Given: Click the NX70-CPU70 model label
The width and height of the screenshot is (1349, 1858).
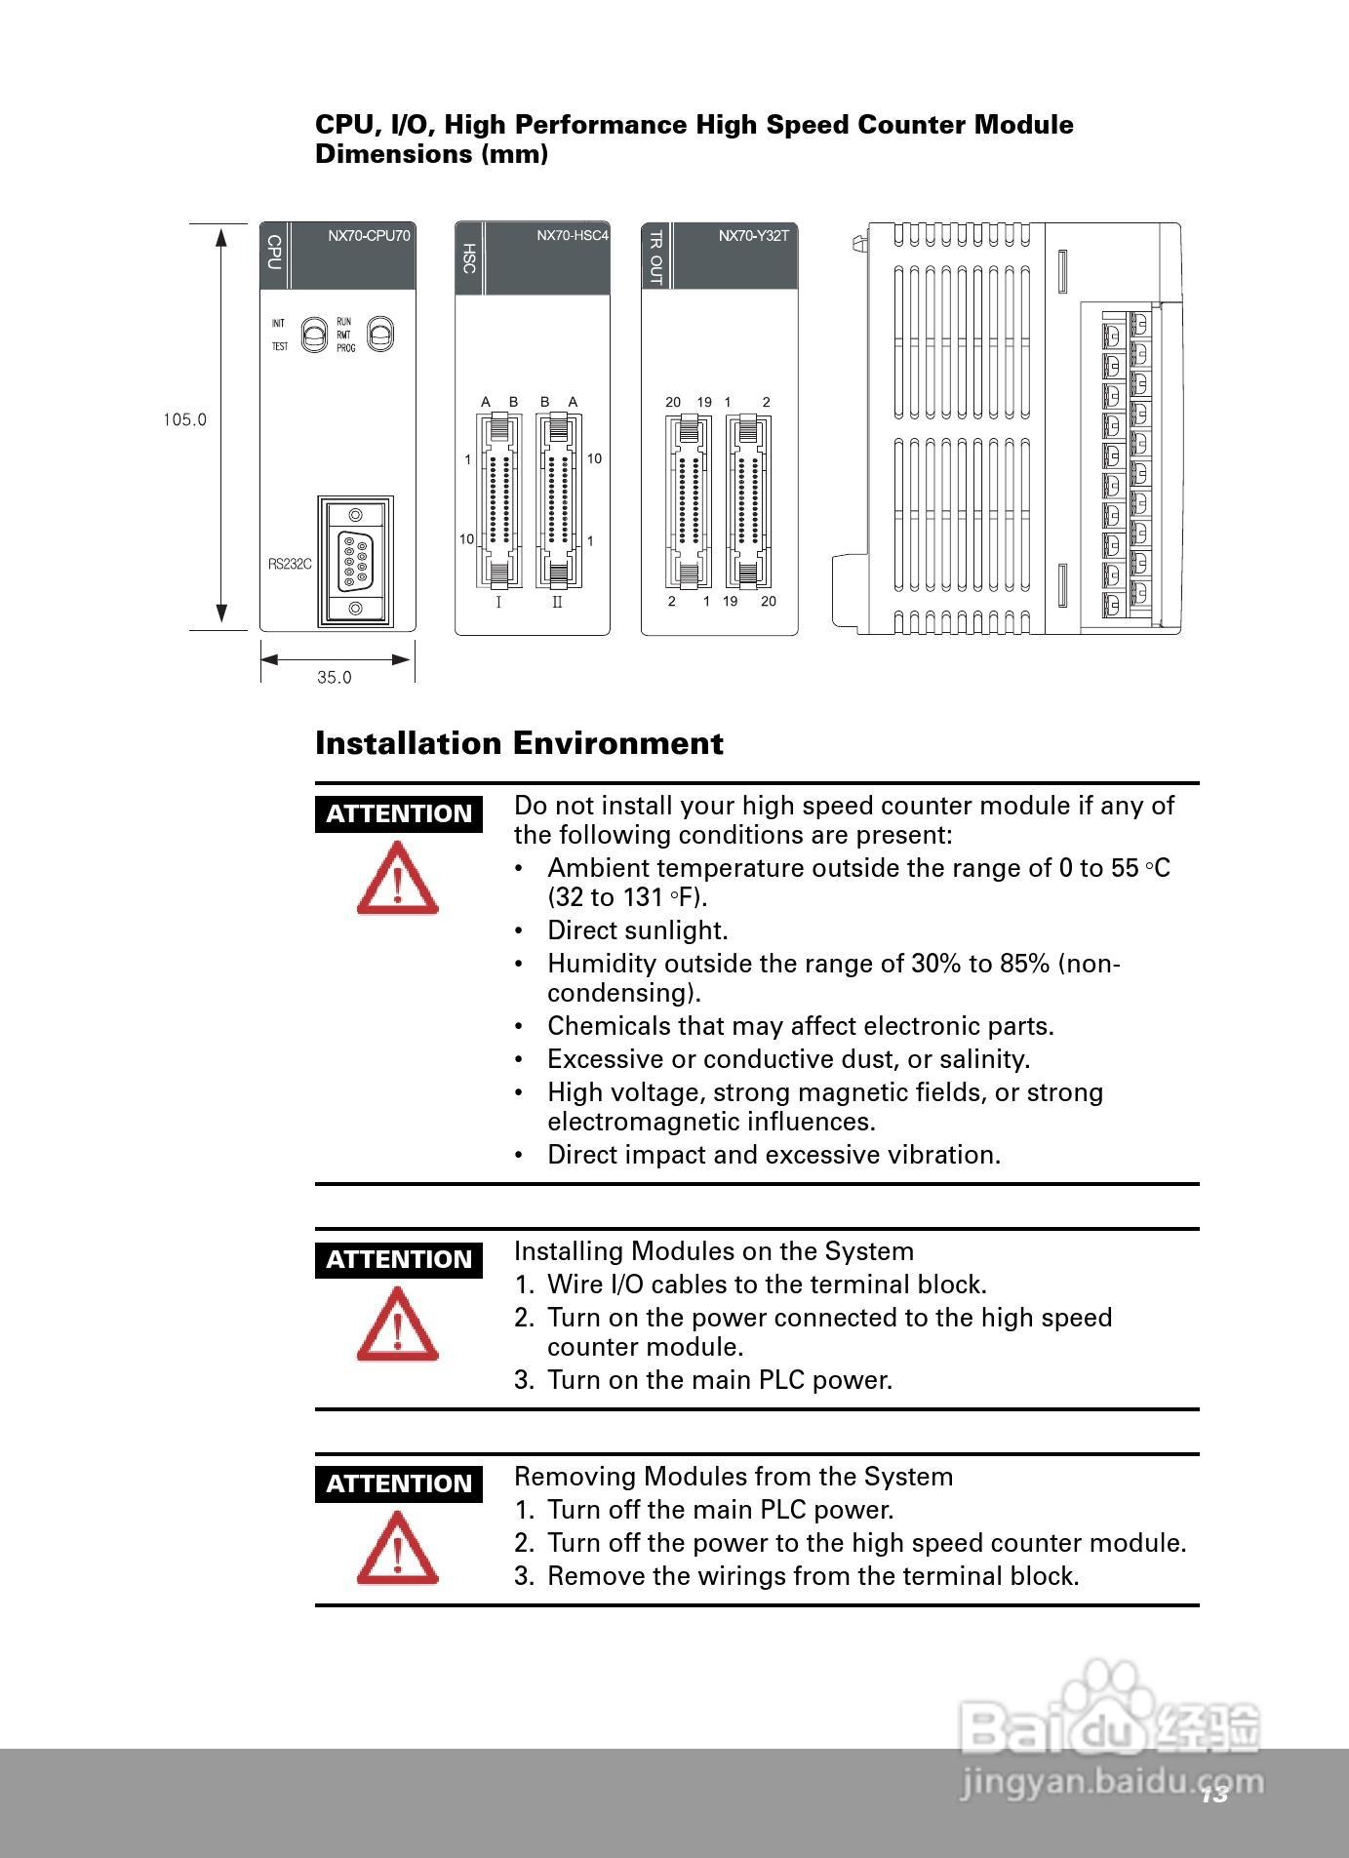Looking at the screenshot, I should [369, 235].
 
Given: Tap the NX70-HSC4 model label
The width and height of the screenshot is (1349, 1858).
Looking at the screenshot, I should [572, 235].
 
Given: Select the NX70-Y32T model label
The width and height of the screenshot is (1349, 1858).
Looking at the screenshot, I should [753, 235].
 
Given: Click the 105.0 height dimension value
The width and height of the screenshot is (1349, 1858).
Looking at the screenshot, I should [184, 420].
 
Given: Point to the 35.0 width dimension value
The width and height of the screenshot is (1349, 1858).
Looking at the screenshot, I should [334, 677].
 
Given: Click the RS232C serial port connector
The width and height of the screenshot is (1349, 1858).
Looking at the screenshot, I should [354, 561].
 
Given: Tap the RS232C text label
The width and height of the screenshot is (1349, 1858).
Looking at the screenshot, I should [290, 564].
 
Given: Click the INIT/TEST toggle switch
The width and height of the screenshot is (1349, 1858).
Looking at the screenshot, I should [313, 335].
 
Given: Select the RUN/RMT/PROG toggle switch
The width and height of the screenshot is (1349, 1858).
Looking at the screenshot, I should [379, 334].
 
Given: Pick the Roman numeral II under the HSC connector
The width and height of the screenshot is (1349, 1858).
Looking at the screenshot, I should [557, 603].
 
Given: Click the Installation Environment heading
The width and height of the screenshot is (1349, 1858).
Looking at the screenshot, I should [519, 743].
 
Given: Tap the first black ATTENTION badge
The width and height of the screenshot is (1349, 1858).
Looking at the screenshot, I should [398, 813].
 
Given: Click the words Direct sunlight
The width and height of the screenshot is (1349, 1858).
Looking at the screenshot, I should [637, 930].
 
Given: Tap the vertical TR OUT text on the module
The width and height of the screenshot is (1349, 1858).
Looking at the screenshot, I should [655, 257].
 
